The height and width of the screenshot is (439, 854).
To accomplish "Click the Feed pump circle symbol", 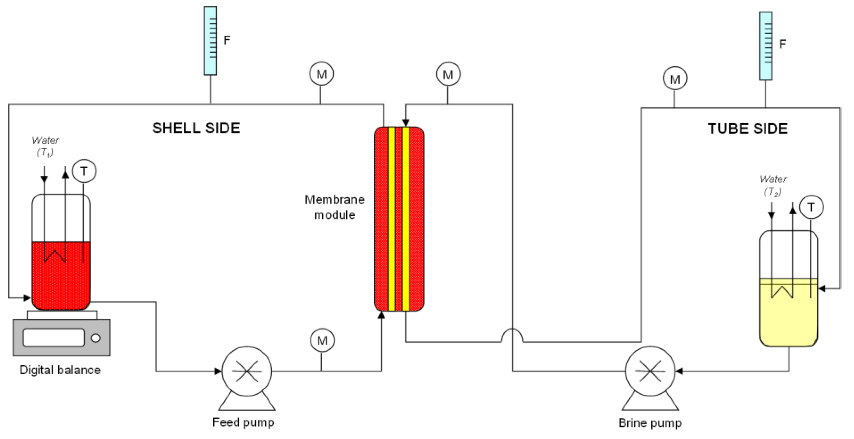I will pos(247,371).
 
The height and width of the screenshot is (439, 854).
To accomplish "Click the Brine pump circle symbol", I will pos(650,371).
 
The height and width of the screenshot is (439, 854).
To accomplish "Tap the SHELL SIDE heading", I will pos(196,128).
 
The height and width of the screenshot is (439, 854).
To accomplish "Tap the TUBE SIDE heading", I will pos(748,129).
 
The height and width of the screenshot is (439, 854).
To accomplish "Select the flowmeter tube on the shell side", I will pos(210,40).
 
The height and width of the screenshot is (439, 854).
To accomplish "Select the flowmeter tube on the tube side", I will pos(765,46).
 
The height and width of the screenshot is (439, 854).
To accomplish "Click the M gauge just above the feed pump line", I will pos(322,340).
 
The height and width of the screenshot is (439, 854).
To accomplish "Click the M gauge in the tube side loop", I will pos(675,78).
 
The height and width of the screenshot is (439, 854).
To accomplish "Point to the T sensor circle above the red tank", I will pos(84,171).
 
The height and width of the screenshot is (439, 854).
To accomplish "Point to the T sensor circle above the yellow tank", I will pos(811,207).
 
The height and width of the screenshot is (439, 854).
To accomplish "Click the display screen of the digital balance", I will pos(54,338).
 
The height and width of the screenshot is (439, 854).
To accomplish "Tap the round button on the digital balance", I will pos(96,338).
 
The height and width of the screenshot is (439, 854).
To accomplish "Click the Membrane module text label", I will pos(334,207).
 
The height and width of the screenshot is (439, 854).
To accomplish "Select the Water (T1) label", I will pos(45,146).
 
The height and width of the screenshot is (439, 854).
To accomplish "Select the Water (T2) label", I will pos(773,185).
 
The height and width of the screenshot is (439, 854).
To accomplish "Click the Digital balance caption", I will pos(60,370).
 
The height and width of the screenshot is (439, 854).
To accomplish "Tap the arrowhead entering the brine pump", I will pos(679,371).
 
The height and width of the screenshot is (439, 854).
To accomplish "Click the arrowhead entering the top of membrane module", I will pos(405,123).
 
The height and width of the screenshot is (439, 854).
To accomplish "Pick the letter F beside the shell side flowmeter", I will pos(227,40).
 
